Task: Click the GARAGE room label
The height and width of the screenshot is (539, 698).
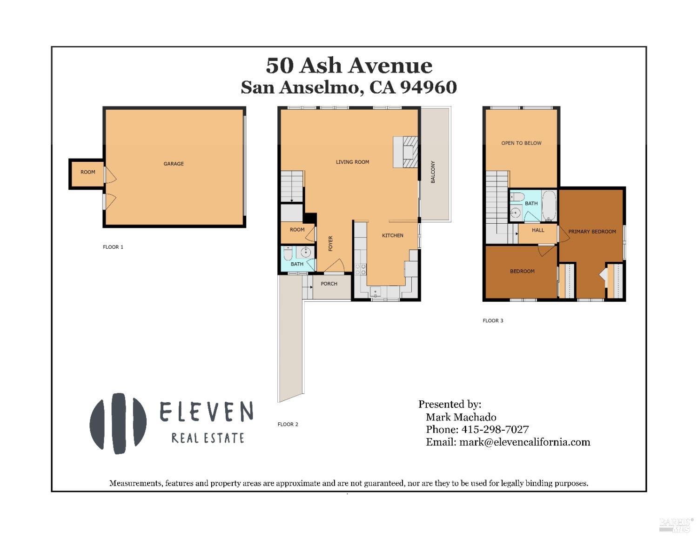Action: tap(174, 164)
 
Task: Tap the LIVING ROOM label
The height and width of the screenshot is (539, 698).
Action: tap(352, 162)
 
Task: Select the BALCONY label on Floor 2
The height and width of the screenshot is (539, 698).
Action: tap(433, 172)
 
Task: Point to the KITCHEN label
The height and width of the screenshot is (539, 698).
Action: tap(392, 235)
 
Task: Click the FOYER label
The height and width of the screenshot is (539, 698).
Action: tap(331, 243)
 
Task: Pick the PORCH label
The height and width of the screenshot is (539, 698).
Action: tap(329, 284)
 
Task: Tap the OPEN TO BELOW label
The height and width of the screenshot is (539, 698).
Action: tap(521, 143)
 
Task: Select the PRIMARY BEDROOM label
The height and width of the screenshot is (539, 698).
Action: tap(592, 232)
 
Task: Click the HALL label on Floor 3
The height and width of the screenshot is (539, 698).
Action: tap(538, 230)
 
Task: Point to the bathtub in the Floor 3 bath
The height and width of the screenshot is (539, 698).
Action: tap(549, 205)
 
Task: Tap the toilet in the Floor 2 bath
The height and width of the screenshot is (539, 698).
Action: tap(288, 254)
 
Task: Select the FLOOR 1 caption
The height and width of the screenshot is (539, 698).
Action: tap(113, 247)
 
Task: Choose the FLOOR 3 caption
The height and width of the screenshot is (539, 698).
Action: tap(493, 321)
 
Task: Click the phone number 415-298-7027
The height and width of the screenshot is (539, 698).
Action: tap(495, 430)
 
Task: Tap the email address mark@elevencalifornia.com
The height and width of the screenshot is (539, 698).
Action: tap(524, 442)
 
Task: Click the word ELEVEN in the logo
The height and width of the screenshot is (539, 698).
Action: tap(207, 412)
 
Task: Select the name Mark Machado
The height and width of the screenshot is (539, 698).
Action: tap(461, 417)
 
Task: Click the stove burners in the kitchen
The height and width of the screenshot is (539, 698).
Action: tap(360, 268)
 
